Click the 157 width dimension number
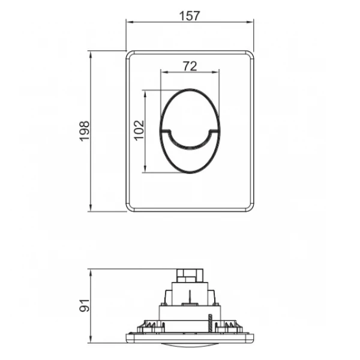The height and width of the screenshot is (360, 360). point(190,14)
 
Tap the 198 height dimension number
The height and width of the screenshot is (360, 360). point(84,131)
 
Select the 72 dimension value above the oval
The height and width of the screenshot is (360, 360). point(190,67)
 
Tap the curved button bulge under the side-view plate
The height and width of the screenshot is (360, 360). point(190,343)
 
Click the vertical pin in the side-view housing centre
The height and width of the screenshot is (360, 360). point(190,297)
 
